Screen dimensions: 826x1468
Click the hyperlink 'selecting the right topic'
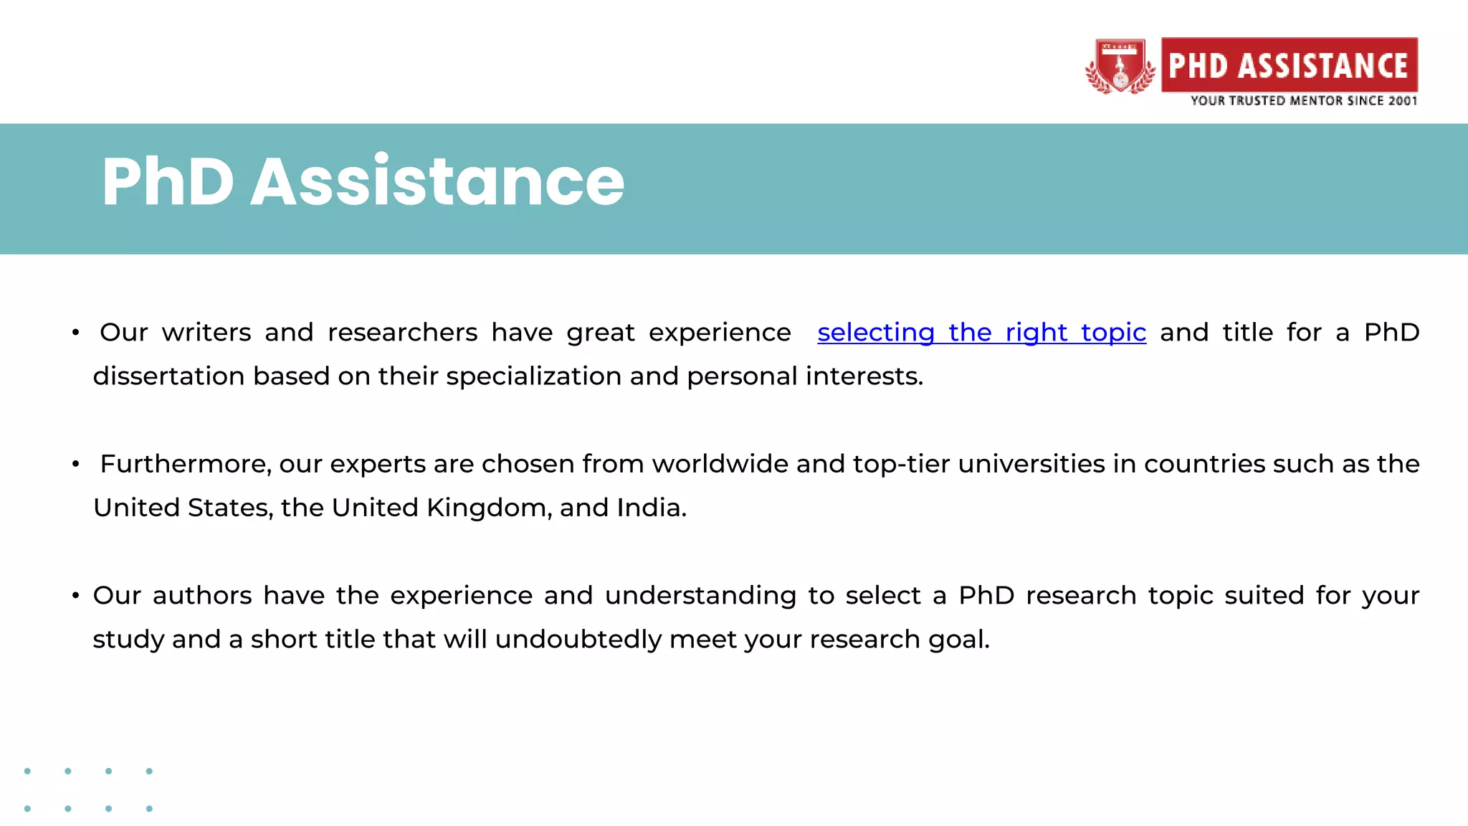click(981, 333)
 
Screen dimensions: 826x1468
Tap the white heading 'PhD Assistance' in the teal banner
click(363, 182)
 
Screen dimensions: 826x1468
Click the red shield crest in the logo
click(1120, 67)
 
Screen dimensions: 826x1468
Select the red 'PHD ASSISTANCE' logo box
click(1289, 65)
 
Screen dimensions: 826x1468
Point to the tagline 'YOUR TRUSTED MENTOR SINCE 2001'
click(1303, 101)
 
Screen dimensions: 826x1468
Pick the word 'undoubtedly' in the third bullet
click(578, 640)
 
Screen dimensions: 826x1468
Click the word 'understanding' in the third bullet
click(700, 596)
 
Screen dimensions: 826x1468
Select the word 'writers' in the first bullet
click(206, 333)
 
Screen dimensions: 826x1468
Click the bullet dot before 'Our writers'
click(75, 333)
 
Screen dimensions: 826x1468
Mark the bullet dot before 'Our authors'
click(75, 596)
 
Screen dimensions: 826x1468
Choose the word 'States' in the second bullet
click(229, 508)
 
